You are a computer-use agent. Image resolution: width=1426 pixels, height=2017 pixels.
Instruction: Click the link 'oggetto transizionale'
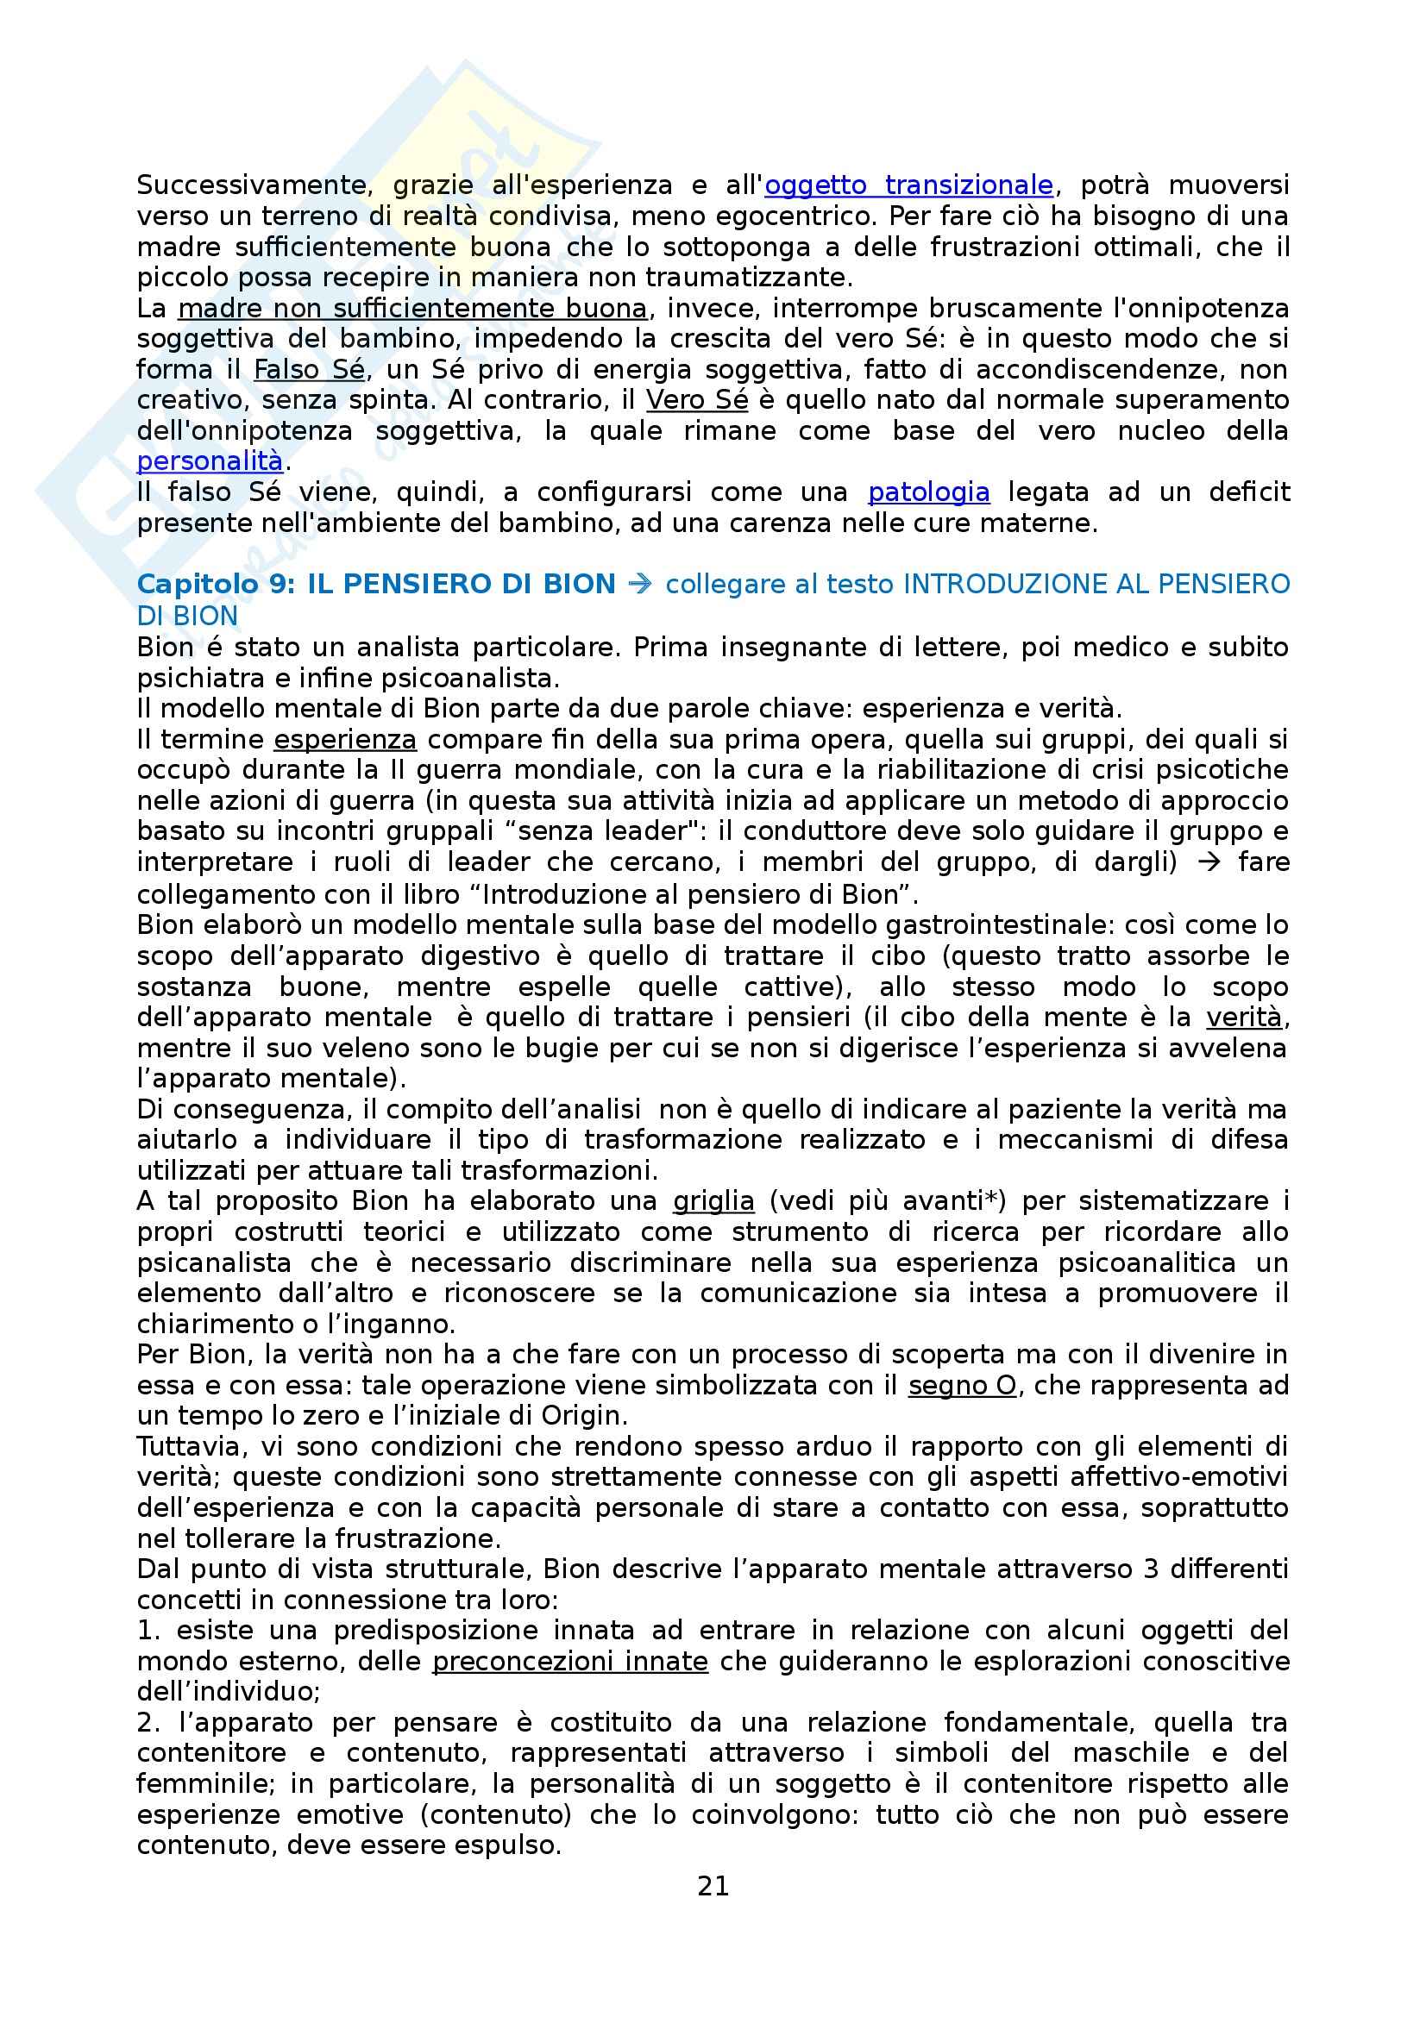point(908,185)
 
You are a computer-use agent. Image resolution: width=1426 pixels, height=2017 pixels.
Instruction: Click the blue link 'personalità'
point(209,461)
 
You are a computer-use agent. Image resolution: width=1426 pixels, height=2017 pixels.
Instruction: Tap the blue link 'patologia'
point(928,492)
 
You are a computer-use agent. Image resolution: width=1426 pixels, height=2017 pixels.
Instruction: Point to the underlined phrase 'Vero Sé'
point(697,400)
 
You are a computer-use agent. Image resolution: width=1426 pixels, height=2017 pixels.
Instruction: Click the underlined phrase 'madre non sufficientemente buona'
point(412,309)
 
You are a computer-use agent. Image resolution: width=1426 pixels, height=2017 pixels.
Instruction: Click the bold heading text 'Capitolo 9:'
point(217,584)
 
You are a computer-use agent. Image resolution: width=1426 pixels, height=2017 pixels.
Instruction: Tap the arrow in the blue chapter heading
point(640,584)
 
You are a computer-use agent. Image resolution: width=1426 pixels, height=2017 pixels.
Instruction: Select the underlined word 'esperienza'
point(344,740)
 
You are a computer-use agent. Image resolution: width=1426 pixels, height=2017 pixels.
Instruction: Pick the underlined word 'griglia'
point(713,1201)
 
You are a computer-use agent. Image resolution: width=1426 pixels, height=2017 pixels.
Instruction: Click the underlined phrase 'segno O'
point(962,1386)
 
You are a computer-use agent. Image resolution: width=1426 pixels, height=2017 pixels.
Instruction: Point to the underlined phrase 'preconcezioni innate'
point(569,1661)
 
